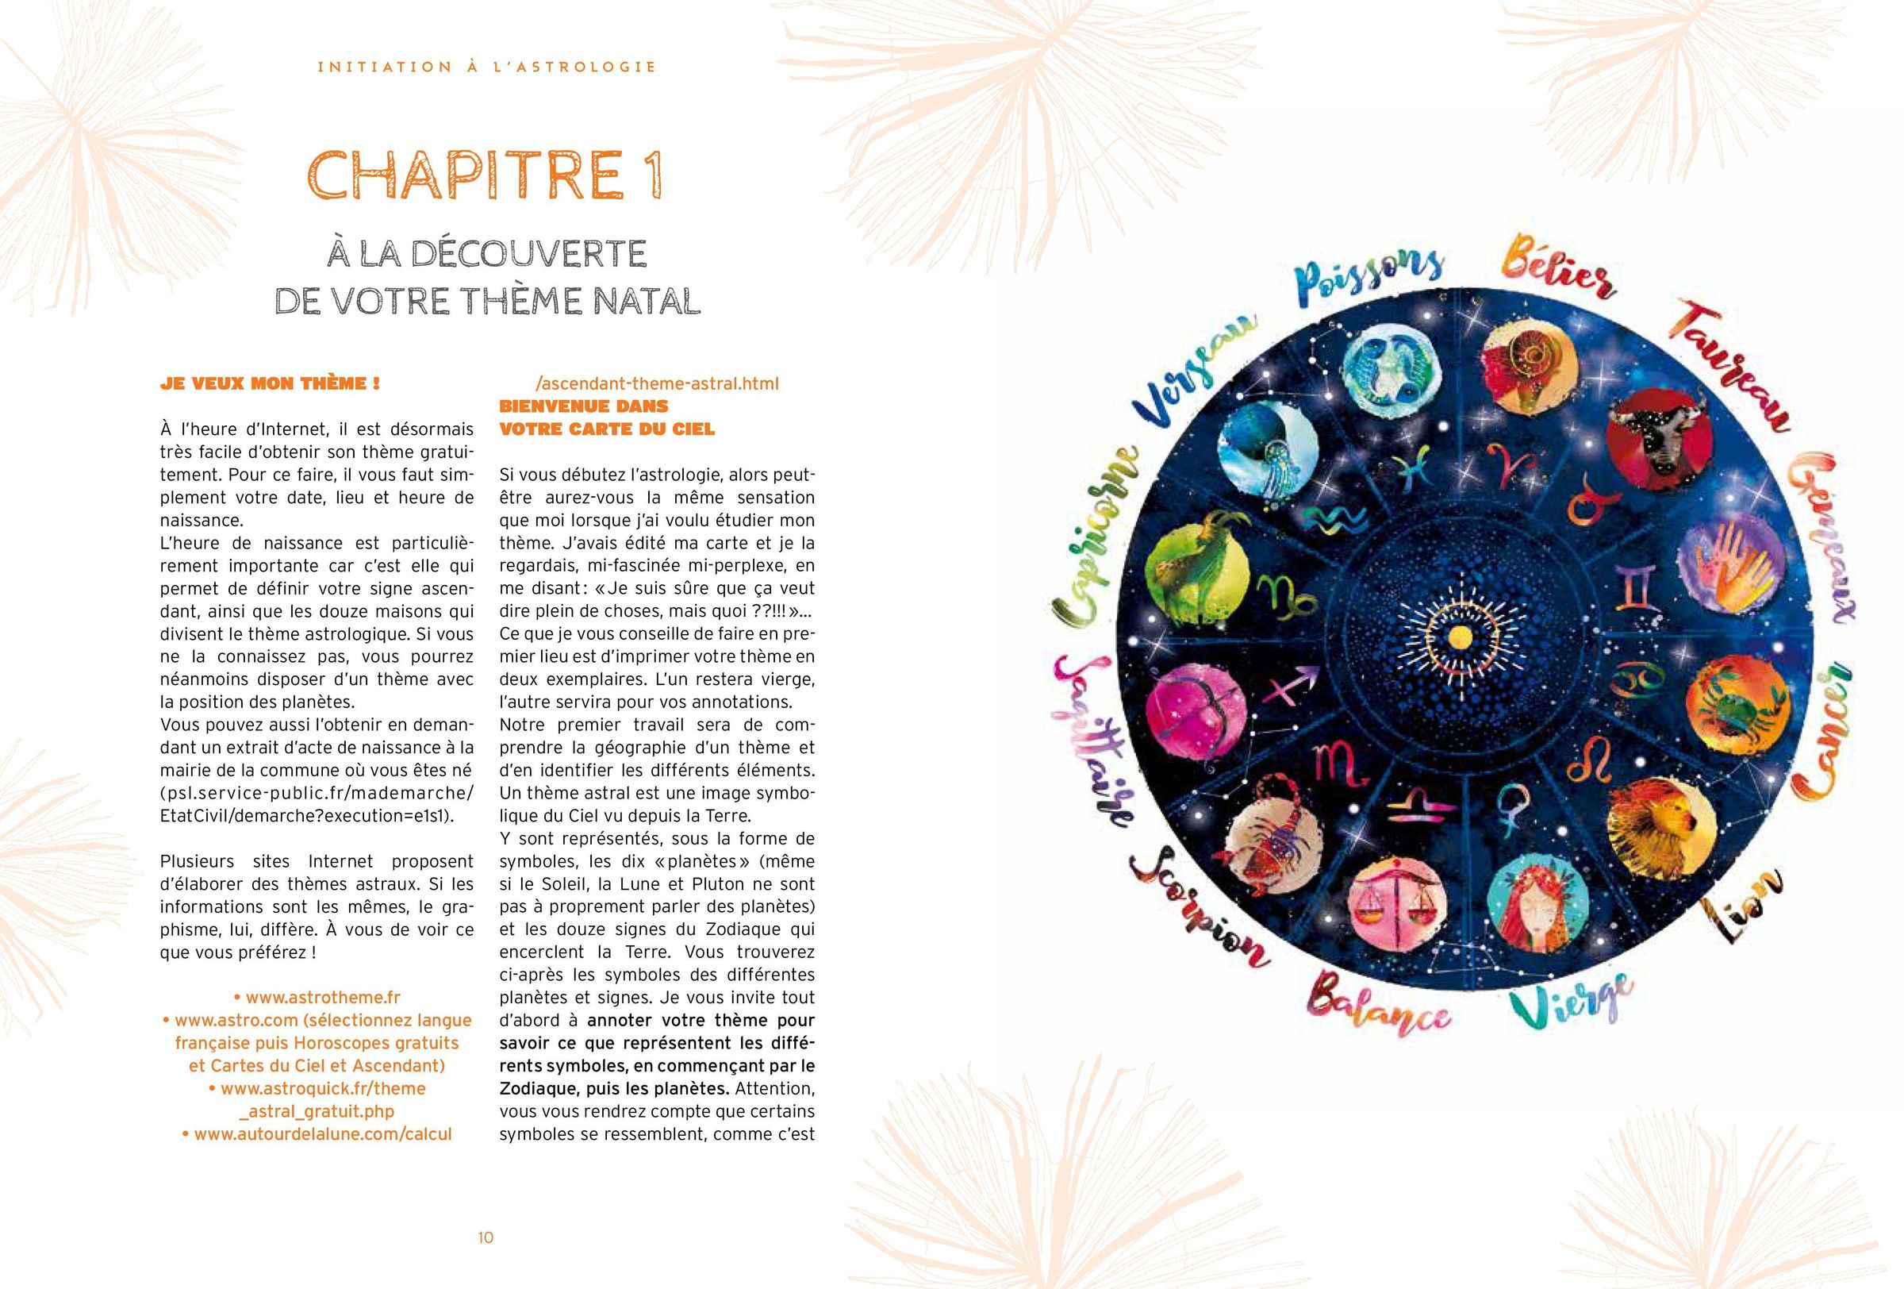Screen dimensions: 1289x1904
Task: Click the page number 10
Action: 486,1237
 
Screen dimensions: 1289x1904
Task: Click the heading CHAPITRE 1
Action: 485,175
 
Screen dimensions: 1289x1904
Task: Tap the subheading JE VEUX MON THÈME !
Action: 270,383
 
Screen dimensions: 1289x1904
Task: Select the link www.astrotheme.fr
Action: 317,997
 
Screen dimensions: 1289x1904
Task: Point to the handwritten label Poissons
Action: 1370,287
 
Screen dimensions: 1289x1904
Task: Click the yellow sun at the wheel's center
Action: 1458,637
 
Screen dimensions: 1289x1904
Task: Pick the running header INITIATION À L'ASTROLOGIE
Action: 486,67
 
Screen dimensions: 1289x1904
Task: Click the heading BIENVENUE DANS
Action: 583,406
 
